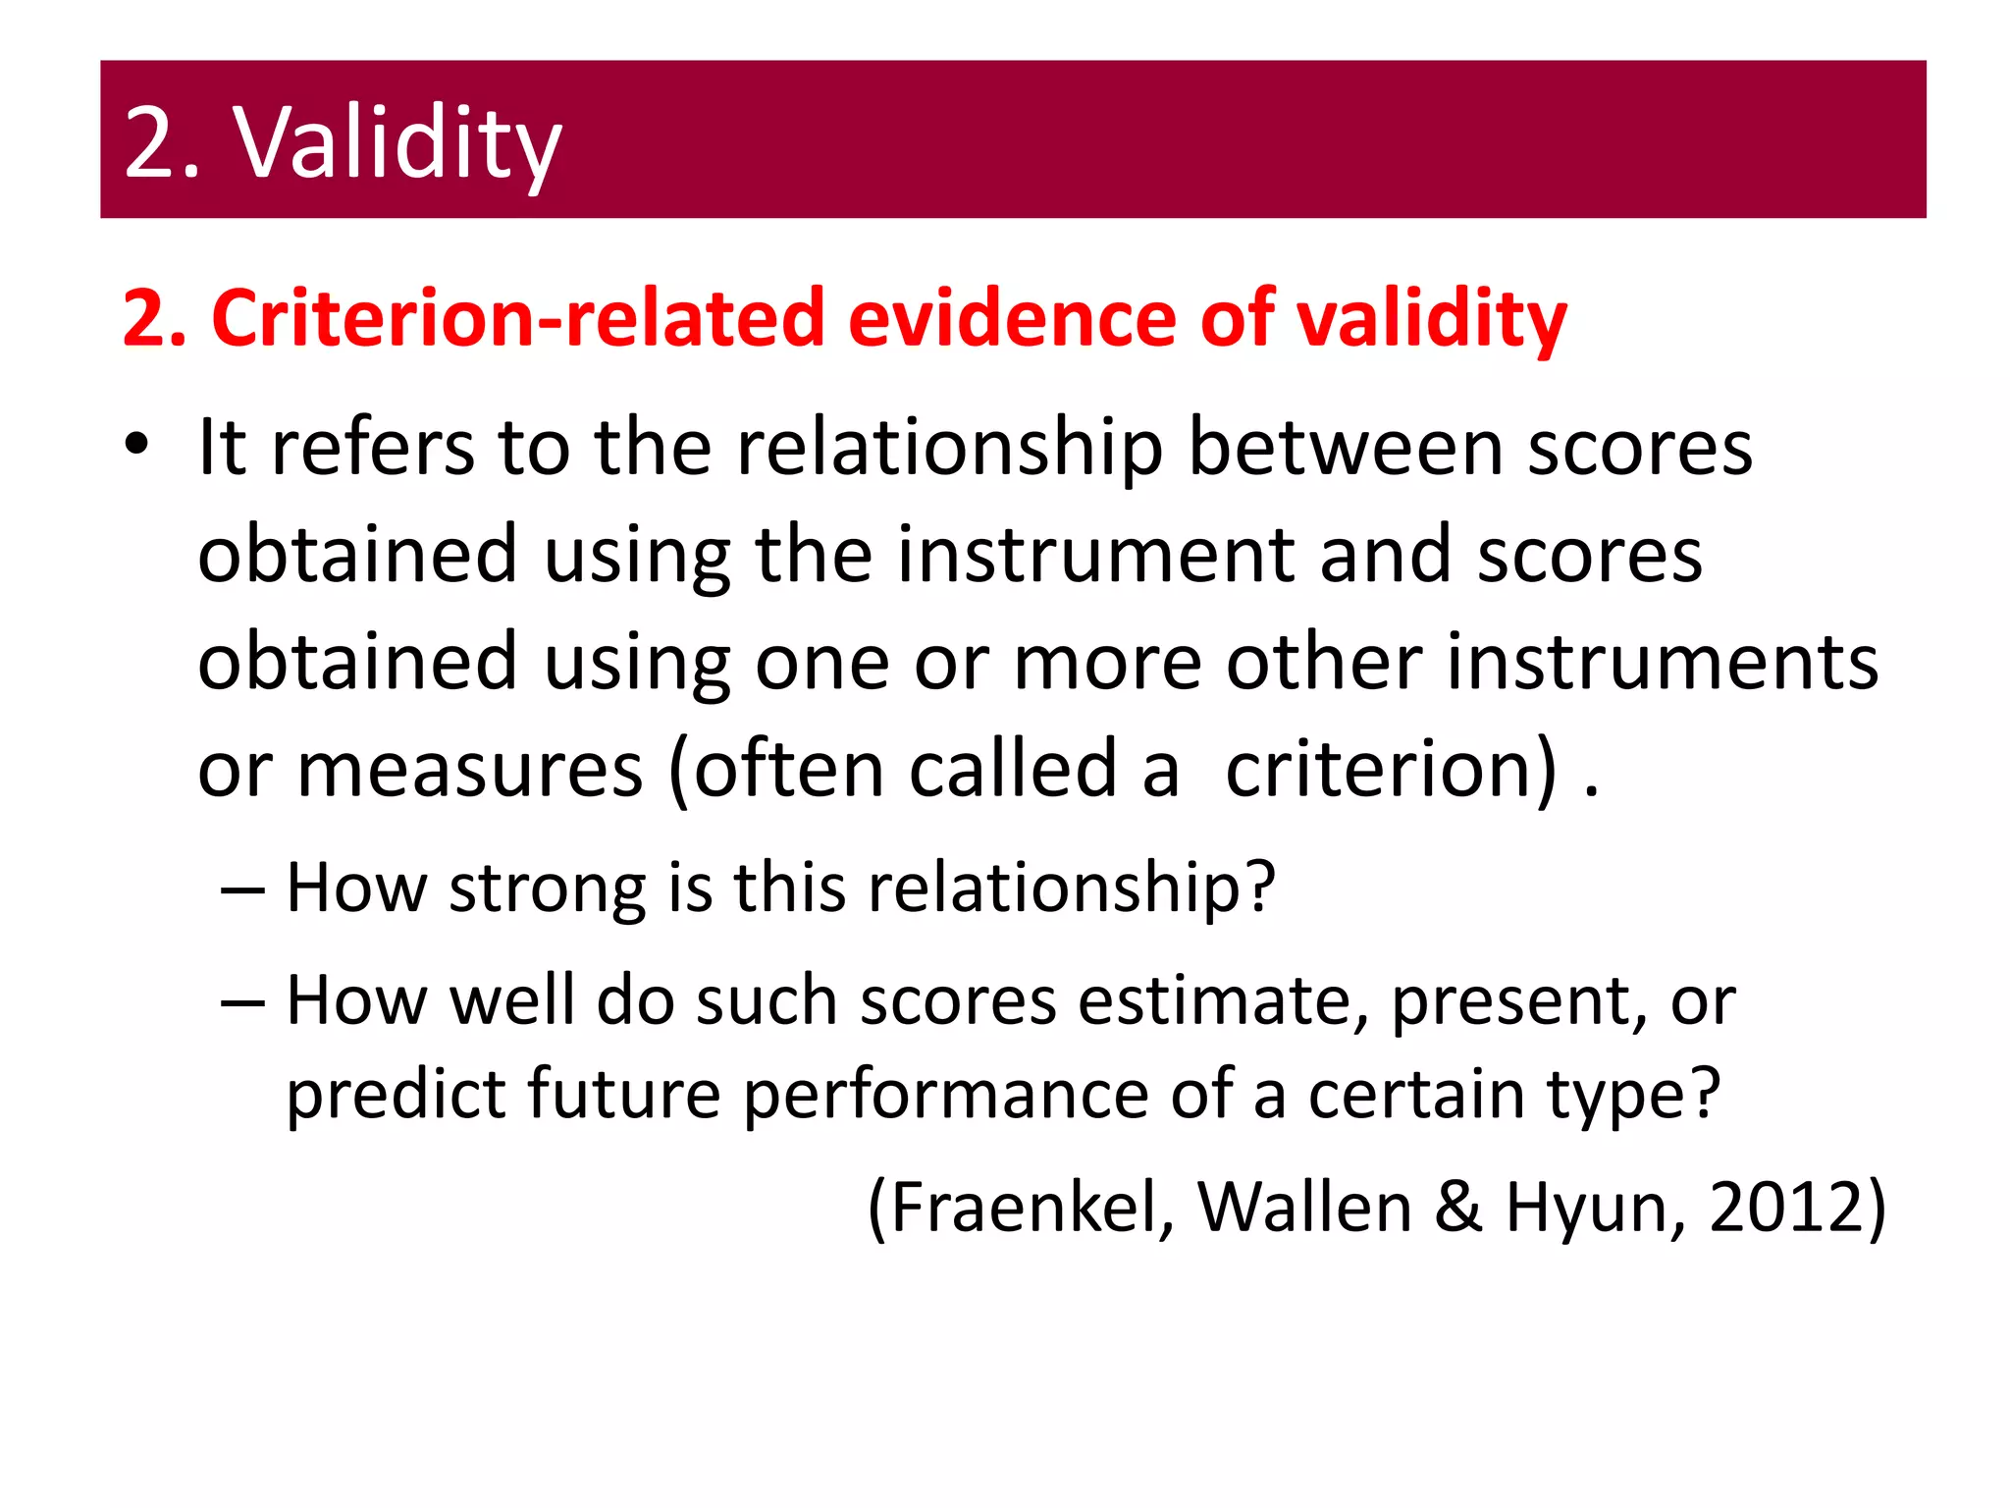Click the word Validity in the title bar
coord(397,144)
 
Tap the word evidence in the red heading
coord(1012,318)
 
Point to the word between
coord(1346,448)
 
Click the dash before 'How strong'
coord(242,889)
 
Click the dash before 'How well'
coord(242,1002)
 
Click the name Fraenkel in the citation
coord(1021,1207)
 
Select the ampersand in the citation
coord(1458,1207)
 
